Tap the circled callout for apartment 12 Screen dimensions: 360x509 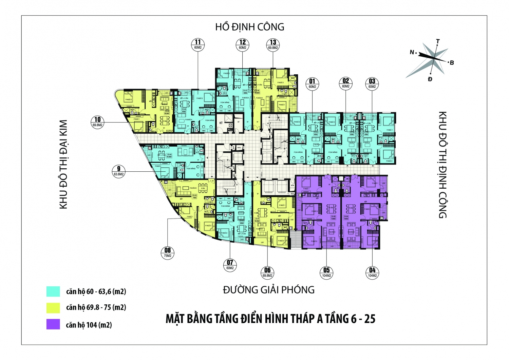click(242, 44)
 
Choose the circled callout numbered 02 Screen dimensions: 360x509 click(345, 83)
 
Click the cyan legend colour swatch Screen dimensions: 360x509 click(53, 291)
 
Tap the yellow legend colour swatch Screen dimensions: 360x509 click(53, 307)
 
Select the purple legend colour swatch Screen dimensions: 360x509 click(53, 324)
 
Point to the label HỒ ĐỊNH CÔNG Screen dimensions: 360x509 click(250, 27)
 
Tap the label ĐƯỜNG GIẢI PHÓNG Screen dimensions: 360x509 click(269, 290)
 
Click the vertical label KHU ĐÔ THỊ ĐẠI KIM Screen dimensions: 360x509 click(64, 164)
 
